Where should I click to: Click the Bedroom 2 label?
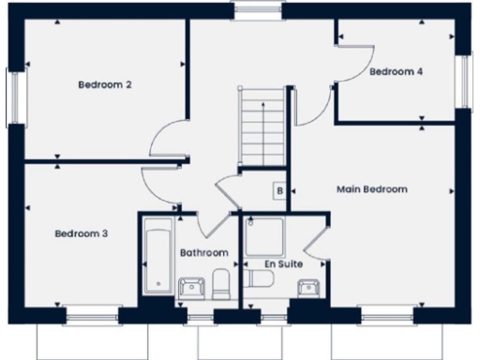104,85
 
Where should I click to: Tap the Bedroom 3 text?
81,233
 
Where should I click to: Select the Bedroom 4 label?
395,71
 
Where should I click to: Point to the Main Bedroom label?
371,189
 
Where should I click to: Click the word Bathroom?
204,253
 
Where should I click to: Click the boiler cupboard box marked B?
279,191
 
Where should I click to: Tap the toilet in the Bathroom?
220,284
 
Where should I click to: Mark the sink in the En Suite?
307,288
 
